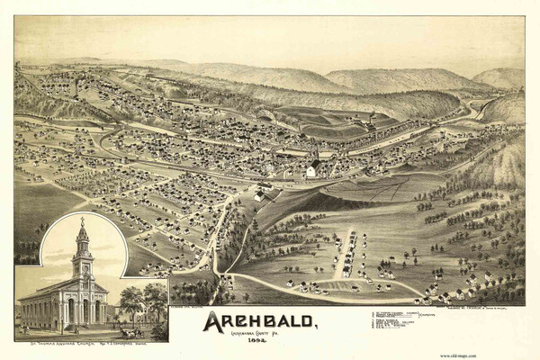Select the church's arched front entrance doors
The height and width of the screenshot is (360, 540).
(x=83, y=312)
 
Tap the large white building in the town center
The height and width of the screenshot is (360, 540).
(x=312, y=169)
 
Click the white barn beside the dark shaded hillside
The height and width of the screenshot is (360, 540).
(x=261, y=193)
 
